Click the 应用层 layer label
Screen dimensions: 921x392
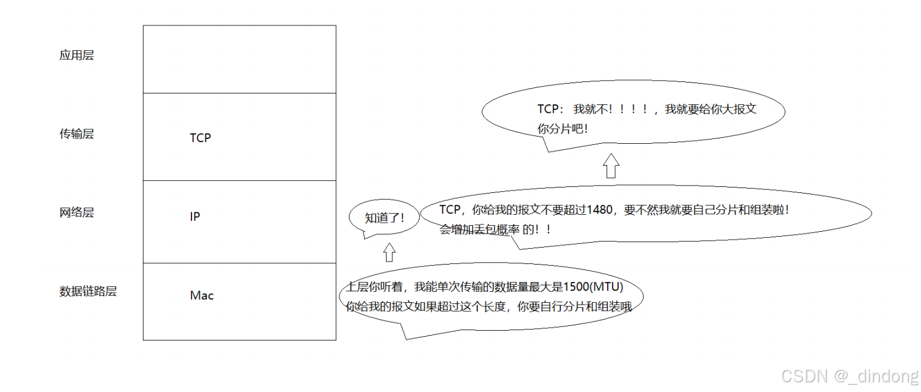point(76,56)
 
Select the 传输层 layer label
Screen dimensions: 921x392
point(76,134)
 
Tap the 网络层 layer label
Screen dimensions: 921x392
point(76,213)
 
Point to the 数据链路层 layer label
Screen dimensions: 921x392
point(88,291)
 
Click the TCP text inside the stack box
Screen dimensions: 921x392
point(200,138)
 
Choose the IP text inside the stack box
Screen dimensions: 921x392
point(195,217)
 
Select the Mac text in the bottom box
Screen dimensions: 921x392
point(202,296)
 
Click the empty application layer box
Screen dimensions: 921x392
point(239,59)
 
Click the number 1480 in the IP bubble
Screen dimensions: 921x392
point(600,211)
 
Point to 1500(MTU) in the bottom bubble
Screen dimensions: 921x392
point(593,286)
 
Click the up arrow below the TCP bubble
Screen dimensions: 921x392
point(611,165)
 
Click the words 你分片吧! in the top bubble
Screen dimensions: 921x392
point(562,129)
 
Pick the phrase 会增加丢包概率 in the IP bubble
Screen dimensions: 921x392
point(479,230)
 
